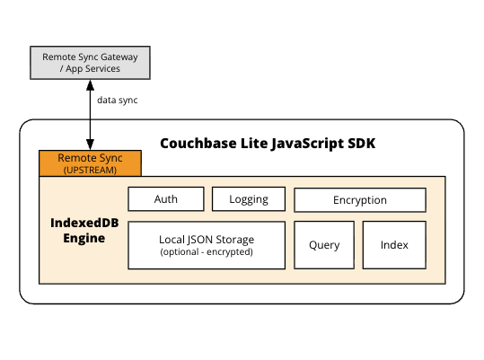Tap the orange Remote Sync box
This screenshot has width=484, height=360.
(x=90, y=162)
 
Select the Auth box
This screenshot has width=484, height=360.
(x=166, y=199)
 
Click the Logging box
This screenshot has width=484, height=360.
(x=248, y=199)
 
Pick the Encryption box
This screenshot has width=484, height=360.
(x=360, y=199)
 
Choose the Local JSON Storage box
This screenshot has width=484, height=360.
(x=207, y=245)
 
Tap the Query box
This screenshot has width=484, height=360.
(x=323, y=245)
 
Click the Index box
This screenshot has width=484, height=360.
(x=394, y=245)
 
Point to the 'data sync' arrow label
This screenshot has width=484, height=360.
(x=117, y=100)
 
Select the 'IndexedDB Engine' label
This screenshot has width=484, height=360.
(x=77, y=229)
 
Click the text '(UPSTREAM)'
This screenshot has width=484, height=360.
(x=90, y=169)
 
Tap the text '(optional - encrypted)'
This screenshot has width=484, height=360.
(x=207, y=252)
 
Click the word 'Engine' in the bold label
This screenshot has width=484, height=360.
(x=77, y=238)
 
